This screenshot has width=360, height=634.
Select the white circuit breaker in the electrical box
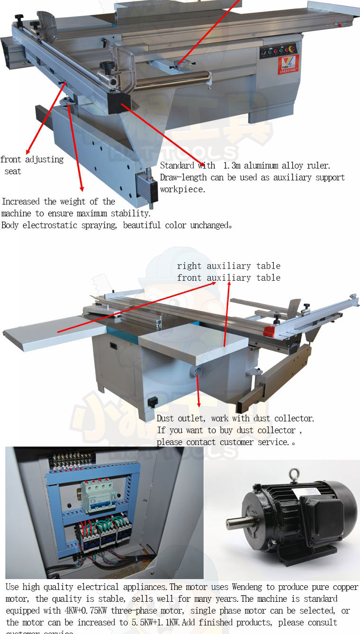[x=99, y=497]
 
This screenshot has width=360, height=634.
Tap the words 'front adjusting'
[x=32, y=160]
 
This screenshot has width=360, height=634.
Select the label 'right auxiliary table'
[x=229, y=266]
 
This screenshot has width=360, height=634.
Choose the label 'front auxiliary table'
[x=229, y=277]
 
